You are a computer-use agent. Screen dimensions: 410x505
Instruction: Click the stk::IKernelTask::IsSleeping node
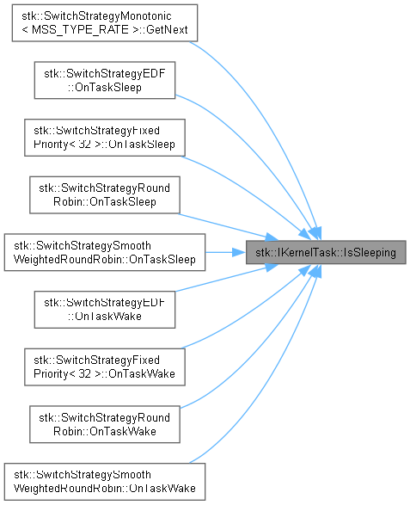tap(326, 252)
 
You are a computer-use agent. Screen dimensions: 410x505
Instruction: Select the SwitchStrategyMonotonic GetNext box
tap(105, 23)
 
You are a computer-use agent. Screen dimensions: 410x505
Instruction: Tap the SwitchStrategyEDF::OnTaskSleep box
tap(105, 80)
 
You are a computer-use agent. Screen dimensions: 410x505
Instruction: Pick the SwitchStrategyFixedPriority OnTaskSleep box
tap(105, 138)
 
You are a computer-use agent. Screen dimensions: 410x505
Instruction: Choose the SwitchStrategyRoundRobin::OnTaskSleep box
tap(105, 194)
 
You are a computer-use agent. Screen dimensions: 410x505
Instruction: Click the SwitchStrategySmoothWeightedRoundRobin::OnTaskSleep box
tap(105, 252)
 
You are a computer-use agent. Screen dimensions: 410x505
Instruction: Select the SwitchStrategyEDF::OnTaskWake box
tap(105, 310)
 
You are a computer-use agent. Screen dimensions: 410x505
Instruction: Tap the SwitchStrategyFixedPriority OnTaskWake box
tap(105, 366)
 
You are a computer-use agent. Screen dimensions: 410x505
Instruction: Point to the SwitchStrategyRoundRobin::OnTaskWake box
tap(105, 424)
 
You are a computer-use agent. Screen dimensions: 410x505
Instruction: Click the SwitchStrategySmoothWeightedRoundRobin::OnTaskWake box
tap(105, 482)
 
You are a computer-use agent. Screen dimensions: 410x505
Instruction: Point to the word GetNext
tap(167, 29)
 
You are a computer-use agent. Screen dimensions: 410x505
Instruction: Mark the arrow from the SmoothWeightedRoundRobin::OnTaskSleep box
tap(225, 252)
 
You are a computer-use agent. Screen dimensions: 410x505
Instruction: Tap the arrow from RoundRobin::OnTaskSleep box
tap(228, 227)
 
